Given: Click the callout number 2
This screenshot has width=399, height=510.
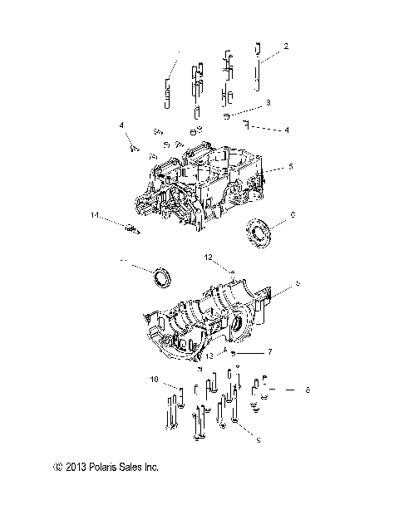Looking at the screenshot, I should tap(286, 46).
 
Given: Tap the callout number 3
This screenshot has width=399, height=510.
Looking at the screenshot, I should tap(268, 103).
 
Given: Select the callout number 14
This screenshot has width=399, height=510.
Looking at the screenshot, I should tap(96, 215).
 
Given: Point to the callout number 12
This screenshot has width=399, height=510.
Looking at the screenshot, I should tap(210, 257).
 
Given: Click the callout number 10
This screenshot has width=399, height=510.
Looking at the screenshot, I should tap(153, 380).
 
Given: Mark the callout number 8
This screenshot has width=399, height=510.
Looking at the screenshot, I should tap(307, 389).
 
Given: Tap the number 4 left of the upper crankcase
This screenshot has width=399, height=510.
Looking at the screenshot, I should tap(121, 125).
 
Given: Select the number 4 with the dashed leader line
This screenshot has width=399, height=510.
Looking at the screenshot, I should tap(287, 130).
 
